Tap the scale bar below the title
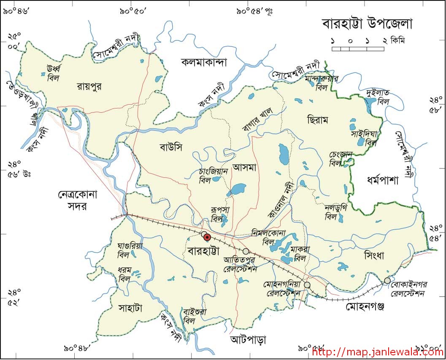click(x=358, y=49)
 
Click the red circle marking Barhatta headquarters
click(x=207, y=237)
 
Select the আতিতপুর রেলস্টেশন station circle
click(x=246, y=251)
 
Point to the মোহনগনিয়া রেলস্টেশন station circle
click(x=307, y=285)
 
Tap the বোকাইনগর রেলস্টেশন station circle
click(x=387, y=281)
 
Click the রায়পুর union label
click(x=89, y=87)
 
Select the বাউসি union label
click(x=171, y=147)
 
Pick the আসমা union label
click(x=245, y=168)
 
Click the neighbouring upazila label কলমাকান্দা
click(x=204, y=62)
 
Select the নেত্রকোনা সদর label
click(x=78, y=200)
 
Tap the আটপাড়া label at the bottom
click(x=248, y=339)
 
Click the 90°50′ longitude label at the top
click(x=132, y=11)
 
